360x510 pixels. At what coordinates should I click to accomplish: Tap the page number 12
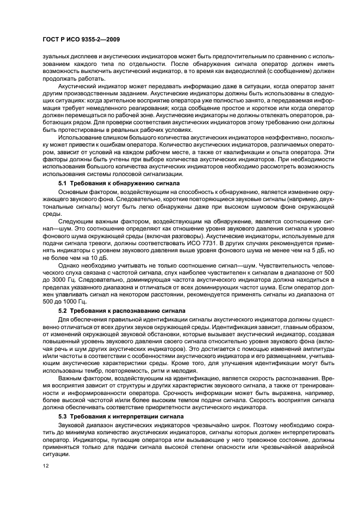(x=45, y=465)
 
